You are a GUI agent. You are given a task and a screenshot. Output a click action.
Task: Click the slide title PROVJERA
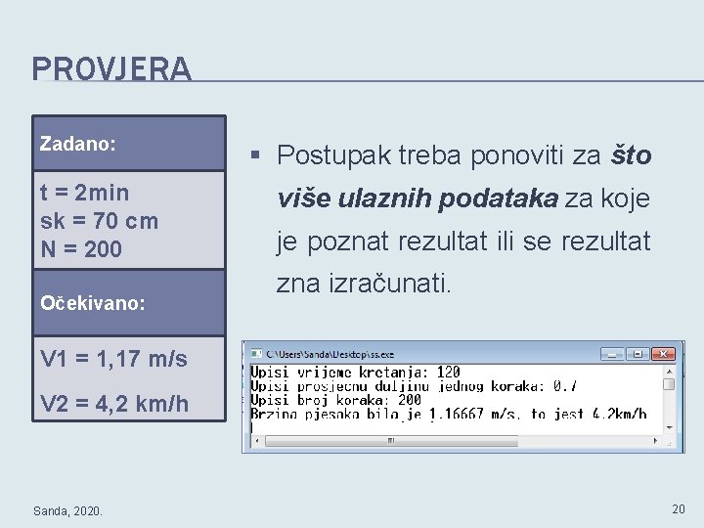coord(111,69)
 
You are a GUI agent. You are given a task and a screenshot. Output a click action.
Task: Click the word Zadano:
coord(78,144)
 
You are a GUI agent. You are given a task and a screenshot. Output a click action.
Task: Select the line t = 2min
coord(84,192)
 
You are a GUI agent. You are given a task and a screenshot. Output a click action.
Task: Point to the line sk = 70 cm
coord(99,220)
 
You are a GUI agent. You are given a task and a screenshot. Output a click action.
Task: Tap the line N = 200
coord(81,249)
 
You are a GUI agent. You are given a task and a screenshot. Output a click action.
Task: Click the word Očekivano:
coord(93,303)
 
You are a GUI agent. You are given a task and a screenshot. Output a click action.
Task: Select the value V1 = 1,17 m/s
coord(113,359)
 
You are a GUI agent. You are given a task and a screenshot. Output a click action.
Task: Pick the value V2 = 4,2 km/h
coord(114,403)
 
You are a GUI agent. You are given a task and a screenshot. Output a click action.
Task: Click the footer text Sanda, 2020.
coord(67,509)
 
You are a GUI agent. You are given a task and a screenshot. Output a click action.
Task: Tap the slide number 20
coord(679,508)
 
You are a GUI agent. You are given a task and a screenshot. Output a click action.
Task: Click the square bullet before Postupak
coord(255,154)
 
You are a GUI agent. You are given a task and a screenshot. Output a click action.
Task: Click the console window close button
coord(664,354)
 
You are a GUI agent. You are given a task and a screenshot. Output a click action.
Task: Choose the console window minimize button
coord(612,354)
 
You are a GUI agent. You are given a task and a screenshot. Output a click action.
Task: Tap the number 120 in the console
coord(448,373)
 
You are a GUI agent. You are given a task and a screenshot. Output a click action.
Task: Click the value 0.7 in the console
coord(565,386)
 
